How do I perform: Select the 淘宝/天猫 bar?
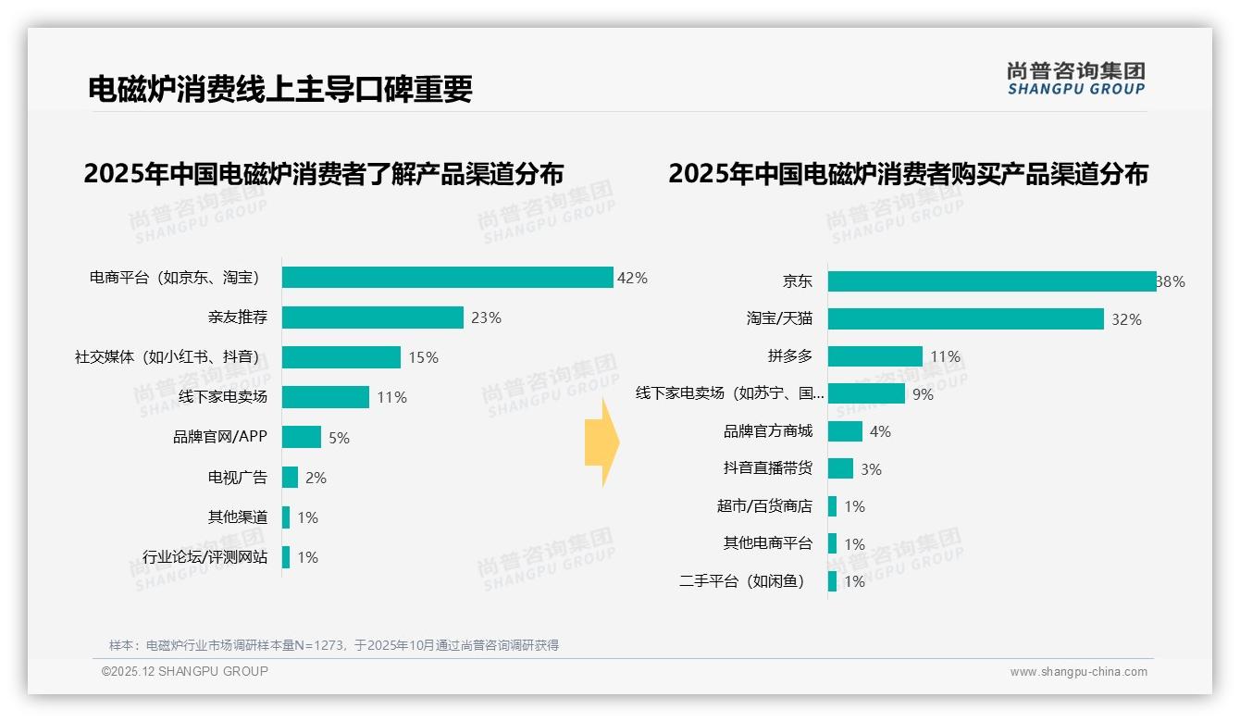[x=965, y=319]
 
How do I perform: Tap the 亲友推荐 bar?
[x=372, y=317]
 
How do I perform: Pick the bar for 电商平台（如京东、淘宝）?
[x=447, y=278]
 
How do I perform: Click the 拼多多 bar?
[x=874, y=356]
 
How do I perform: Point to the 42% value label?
[x=632, y=278]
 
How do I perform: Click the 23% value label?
[x=486, y=317]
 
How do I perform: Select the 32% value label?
[x=1126, y=319]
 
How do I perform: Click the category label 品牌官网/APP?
[x=220, y=437]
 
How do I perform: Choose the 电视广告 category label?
[x=238, y=478]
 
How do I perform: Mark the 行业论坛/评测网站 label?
[x=205, y=557]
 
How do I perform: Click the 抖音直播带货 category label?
[x=768, y=468]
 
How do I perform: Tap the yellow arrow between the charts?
[x=601, y=442]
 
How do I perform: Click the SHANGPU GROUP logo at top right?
[x=1075, y=79]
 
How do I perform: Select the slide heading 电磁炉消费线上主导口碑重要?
[x=280, y=89]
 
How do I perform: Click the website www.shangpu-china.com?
[x=1078, y=672]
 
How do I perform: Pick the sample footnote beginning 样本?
[x=334, y=645]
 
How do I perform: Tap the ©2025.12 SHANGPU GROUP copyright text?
[x=185, y=672]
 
